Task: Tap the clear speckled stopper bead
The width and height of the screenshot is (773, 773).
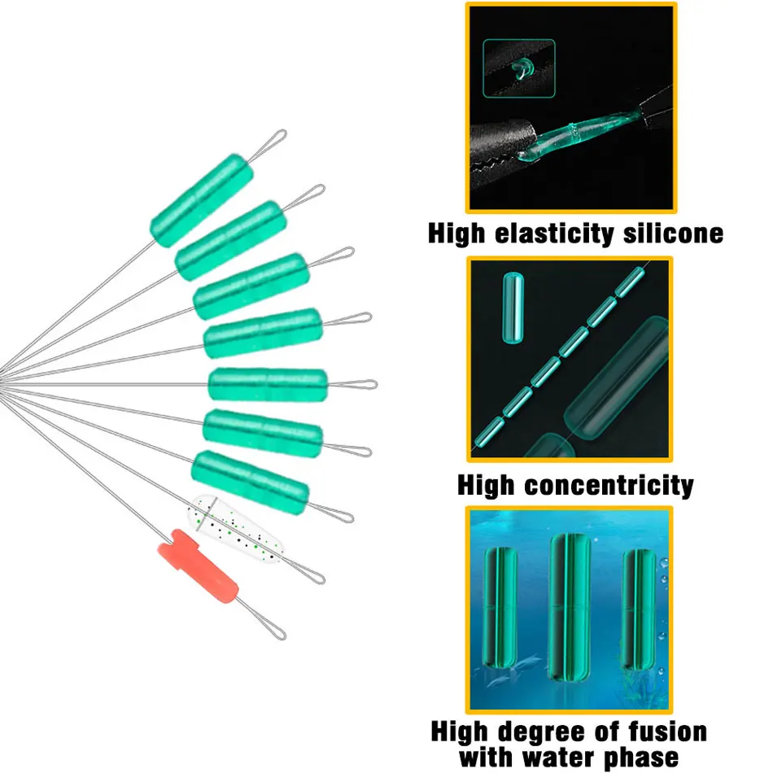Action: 236,531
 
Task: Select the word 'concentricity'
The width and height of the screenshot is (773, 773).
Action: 608,486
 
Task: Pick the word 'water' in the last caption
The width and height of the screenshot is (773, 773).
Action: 571,757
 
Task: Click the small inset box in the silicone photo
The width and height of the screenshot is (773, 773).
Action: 521,68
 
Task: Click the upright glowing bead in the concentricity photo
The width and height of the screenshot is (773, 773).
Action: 513,308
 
